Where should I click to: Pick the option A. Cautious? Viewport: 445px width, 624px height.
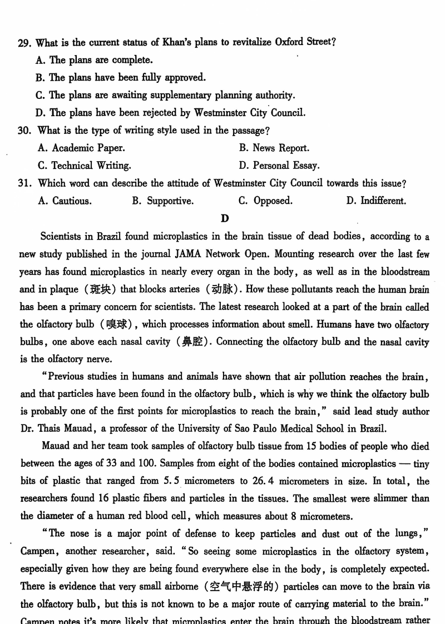65,201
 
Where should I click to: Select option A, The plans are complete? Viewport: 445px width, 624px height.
94,60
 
